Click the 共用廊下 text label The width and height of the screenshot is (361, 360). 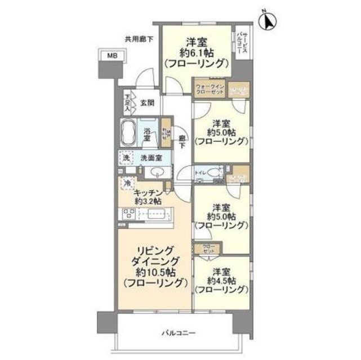[139, 39]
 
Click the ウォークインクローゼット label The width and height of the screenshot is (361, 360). [210, 89]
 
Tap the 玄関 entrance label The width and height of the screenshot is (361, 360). [148, 103]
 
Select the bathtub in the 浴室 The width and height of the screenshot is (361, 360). [127, 133]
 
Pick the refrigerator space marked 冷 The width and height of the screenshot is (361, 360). [128, 183]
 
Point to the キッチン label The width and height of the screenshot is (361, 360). [148, 192]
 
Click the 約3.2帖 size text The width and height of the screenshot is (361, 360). [148, 201]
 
